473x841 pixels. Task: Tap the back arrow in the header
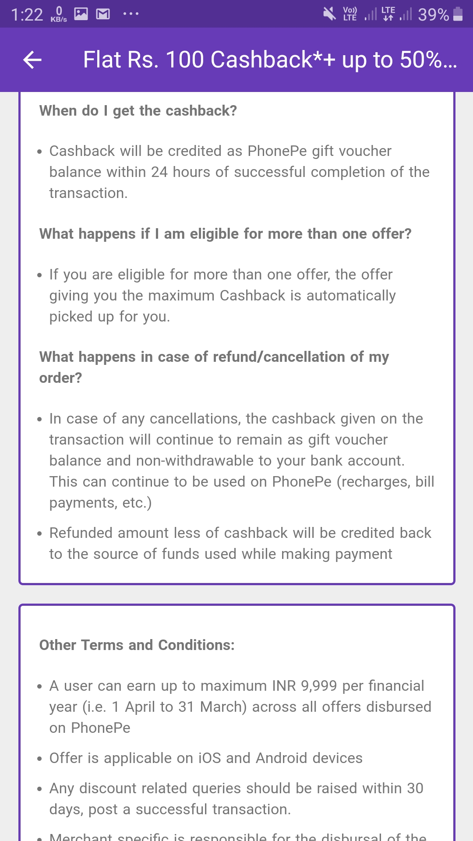point(32,60)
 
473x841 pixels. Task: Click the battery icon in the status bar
point(458,14)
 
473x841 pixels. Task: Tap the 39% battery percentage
point(433,15)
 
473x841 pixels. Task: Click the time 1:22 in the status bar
point(27,15)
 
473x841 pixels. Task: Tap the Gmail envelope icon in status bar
point(103,14)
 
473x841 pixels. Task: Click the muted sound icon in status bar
point(329,14)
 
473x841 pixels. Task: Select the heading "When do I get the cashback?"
point(138,111)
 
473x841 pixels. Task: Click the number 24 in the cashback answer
point(159,172)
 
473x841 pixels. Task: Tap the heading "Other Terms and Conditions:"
point(137,645)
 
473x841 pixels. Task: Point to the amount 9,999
point(319,686)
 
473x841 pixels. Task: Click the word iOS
point(210,758)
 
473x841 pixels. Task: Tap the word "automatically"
point(351,296)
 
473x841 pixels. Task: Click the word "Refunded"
point(81,533)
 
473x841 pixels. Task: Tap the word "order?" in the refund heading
point(60,378)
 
